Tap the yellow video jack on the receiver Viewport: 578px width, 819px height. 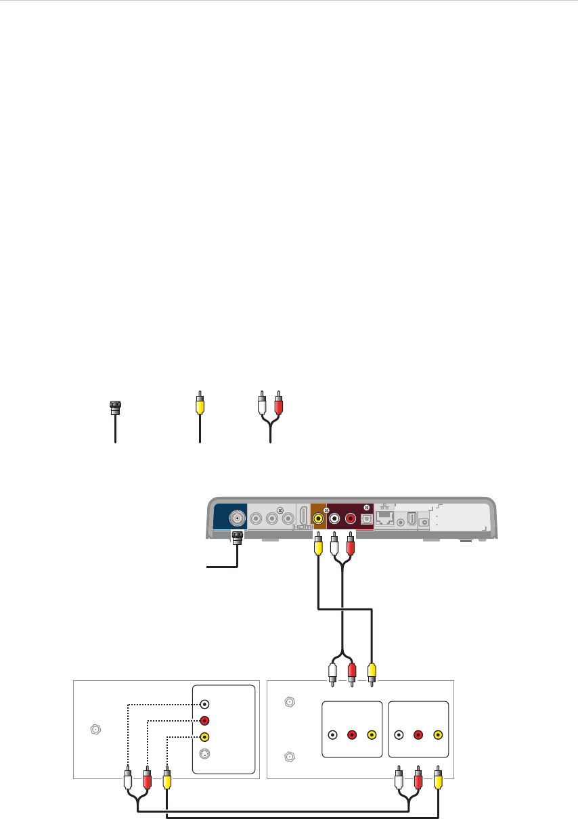tap(318, 520)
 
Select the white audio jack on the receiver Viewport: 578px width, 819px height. tap(334, 520)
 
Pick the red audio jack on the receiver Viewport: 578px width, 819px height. tap(350, 520)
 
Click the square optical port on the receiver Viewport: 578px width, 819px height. tap(366, 520)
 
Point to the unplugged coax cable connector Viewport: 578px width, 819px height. tap(115, 407)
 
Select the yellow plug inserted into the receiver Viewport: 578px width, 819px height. tap(318, 544)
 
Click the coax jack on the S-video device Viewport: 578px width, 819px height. tap(95, 730)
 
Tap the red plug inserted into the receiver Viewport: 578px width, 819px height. tap(350, 544)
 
